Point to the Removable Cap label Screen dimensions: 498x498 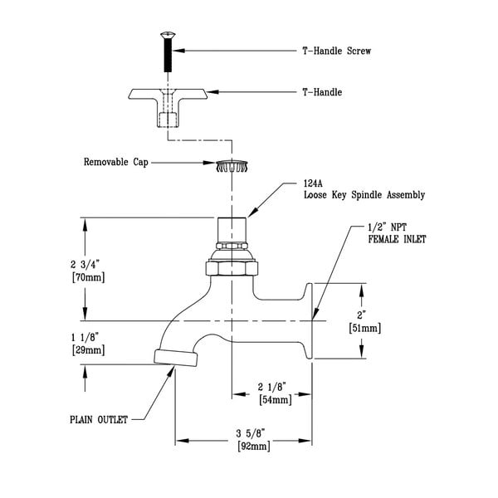point(115,163)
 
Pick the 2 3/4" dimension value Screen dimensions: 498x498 point(87,263)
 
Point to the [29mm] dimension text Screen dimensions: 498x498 point(87,350)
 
